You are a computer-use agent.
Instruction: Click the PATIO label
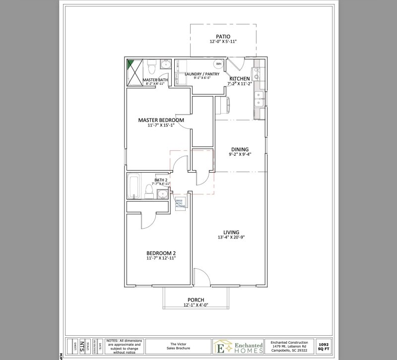tap(223, 36)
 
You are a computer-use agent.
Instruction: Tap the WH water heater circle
tap(219, 64)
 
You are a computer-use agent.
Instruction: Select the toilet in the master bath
tap(153, 65)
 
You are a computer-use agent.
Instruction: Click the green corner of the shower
tap(131, 64)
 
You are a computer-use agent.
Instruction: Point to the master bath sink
tap(165, 65)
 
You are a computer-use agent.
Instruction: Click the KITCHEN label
tap(239, 79)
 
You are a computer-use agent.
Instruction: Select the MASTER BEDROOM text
tap(161, 120)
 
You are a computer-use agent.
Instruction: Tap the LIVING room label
tap(231, 232)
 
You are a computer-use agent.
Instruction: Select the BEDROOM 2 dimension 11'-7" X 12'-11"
tap(161, 258)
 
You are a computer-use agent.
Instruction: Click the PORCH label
tap(196, 300)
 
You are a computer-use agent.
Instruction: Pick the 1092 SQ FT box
tap(324, 346)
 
